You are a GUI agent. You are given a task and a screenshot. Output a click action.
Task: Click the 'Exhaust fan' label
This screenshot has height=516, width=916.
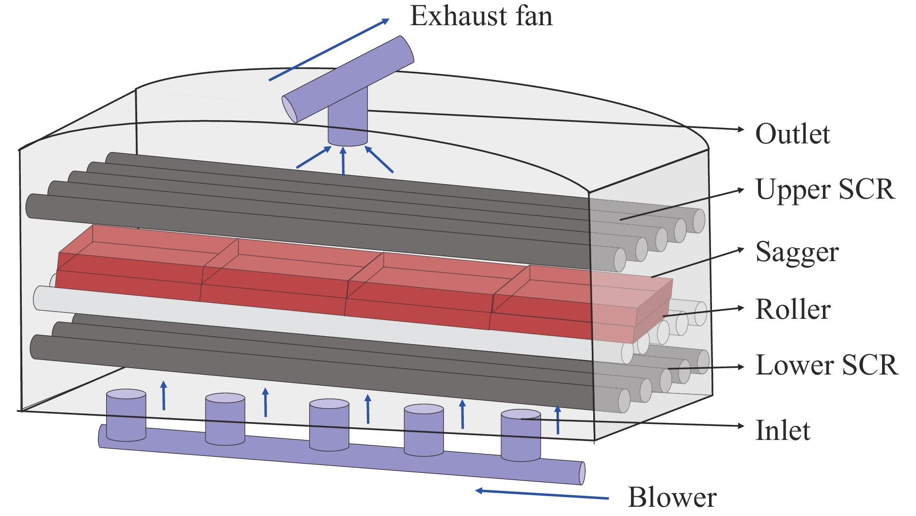(x=481, y=16)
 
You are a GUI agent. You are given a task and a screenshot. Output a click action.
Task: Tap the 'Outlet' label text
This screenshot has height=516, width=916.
(x=792, y=134)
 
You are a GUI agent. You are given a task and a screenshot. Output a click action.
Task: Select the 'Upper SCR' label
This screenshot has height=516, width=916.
(x=824, y=189)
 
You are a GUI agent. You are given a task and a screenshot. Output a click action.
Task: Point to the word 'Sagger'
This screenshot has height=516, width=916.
(x=797, y=252)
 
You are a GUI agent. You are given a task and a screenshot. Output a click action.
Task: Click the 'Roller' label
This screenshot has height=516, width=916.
(x=793, y=310)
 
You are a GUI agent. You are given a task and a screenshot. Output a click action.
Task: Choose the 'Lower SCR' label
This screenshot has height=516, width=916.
(x=826, y=365)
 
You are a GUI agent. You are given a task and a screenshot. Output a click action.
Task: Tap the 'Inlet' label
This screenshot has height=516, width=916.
(x=783, y=430)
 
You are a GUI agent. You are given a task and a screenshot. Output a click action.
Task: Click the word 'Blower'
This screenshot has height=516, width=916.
(x=672, y=498)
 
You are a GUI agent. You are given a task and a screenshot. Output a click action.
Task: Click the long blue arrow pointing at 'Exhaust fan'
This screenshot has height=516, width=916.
(x=329, y=49)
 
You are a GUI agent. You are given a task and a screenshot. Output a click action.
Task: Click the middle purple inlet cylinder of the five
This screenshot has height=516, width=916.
(x=329, y=424)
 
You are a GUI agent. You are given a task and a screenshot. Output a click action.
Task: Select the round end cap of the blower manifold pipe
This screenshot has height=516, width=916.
(x=582, y=473)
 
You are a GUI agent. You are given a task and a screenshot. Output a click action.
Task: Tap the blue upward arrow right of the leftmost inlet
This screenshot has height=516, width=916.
(x=164, y=395)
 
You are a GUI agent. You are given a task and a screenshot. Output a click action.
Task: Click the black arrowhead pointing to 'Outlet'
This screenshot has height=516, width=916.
(x=740, y=129)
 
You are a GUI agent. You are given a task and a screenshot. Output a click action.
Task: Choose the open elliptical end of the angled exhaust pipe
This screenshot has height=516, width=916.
(x=289, y=109)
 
